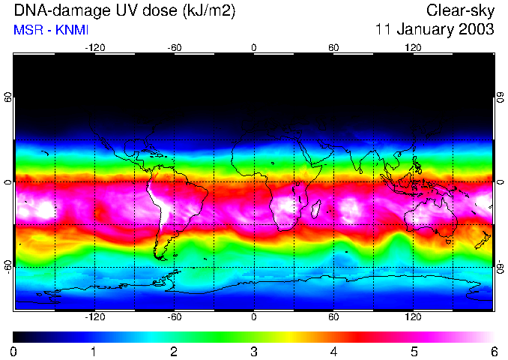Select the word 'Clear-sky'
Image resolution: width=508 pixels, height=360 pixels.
click(460, 10)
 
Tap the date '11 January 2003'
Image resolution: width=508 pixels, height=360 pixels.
click(435, 30)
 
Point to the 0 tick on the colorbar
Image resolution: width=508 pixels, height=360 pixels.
click(13, 351)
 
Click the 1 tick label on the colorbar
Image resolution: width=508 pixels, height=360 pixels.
click(94, 351)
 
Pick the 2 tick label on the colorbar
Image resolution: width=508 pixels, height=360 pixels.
click(174, 351)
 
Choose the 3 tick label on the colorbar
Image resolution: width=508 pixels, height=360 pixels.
click(254, 351)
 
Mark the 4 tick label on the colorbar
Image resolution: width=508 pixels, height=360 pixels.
click(333, 351)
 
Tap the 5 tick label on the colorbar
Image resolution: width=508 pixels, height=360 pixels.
click(414, 351)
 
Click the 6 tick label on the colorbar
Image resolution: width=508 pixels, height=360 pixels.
click(493, 351)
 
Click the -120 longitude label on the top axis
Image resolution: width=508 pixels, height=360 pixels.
click(94, 48)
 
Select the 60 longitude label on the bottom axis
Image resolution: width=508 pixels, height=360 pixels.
click(333, 317)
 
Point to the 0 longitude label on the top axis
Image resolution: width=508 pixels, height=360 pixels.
click(254, 48)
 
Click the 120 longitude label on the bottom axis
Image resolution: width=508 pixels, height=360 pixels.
click(413, 317)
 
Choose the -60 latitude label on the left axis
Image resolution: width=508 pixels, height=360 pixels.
click(8, 265)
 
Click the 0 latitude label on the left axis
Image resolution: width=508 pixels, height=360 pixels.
click(8, 182)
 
